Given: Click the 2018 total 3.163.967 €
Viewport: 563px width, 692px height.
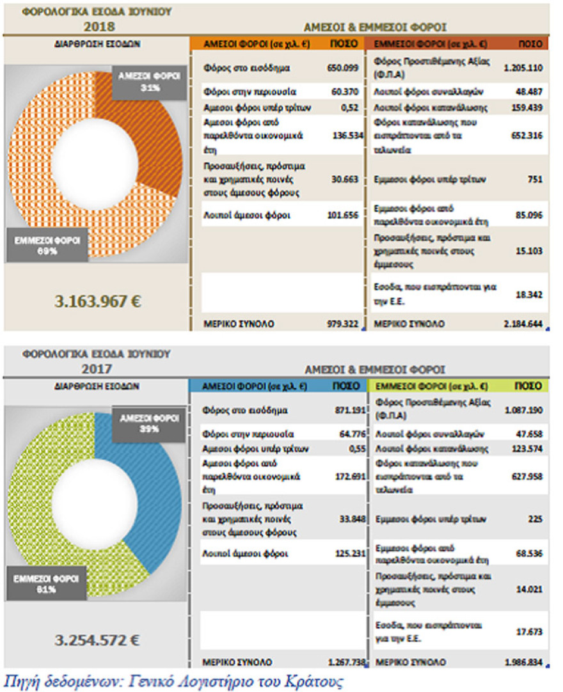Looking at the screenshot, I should pos(97,301).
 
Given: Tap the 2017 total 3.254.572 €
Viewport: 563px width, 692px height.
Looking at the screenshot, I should pos(97,639).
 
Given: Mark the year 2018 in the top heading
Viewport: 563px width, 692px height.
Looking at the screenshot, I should pos(100,26).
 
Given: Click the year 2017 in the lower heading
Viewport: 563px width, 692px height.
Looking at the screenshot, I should pos(98,368).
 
